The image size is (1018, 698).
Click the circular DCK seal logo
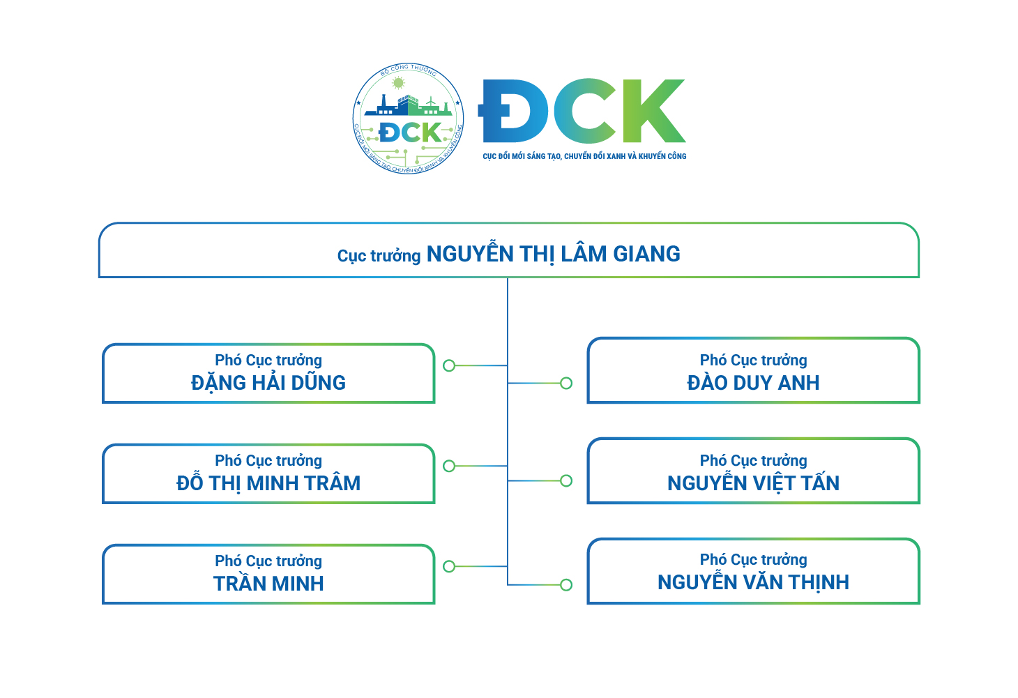click(x=408, y=119)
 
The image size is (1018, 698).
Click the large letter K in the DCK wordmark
click(x=653, y=112)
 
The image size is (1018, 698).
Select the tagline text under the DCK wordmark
click(x=584, y=156)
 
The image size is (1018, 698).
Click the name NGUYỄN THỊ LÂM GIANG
click(x=553, y=255)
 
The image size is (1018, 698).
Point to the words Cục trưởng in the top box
click(x=379, y=256)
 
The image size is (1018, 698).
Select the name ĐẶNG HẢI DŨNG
click(x=268, y=383)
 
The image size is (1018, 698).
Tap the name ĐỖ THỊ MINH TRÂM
click(x=268, y=483)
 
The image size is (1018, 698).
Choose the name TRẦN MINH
click(x=268, y=584)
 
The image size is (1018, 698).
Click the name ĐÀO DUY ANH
click(x=753, y=383)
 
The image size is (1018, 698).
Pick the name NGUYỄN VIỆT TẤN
click(x=753, y=483)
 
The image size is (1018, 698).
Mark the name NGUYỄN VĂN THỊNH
click(x=753, y=582)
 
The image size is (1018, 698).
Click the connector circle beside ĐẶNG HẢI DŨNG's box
click(x=449, y=365)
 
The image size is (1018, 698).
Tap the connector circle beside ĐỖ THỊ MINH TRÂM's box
click(x=449, y=466)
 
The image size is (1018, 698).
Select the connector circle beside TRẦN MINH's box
click(x=449, y=566)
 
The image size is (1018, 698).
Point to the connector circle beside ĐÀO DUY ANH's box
click(x=566, y=383)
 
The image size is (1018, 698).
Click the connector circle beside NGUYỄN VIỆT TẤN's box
click(x=566, y=480)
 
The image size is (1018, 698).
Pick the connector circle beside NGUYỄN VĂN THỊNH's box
click(x=566, y=585)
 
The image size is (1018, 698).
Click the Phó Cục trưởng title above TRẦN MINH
click(x=268, y=561)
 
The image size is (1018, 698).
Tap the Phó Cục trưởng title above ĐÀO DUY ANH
click(x=753, y=361)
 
